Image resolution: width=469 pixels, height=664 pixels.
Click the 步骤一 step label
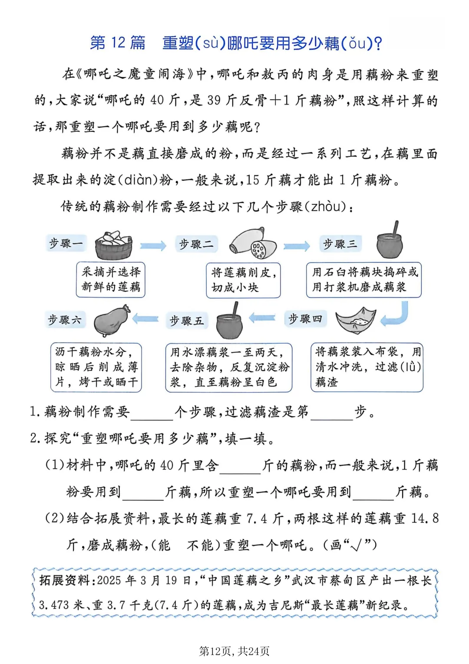pyautogui.click(x=66, y=243)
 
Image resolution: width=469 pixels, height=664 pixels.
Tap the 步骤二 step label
pyautogui.click(x=196, y=244)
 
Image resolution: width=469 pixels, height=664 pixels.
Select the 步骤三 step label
pyautogui.click(x=340, y=244)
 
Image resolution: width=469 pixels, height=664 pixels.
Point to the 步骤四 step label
pyautogui.click(x=305, y=319)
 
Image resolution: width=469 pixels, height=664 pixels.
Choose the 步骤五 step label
pyautogui.click(x=186, y=320)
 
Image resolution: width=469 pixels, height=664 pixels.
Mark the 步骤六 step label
pyautogui.click(x=65, y=320)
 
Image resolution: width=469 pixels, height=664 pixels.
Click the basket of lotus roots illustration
pyautogui.click(x=114, y=245)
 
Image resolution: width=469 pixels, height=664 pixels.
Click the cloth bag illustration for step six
pyautogui.click(x=112, y=320)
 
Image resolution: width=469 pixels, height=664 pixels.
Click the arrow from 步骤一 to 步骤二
pyautogui.click(x=153, y=246)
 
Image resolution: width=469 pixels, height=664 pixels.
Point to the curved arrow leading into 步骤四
pyautogui.click(x=396, y=315)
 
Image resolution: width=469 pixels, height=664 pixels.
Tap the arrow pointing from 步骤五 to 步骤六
pyautogui.click(x=145, y=319)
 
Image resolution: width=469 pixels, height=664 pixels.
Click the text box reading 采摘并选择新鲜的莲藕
pyautogui.click(x=111, y=280)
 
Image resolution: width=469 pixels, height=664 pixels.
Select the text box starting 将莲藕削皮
pyautogui.click(x=243, y=280)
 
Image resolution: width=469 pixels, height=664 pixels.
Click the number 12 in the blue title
pyautogui.click(x=118, y=43)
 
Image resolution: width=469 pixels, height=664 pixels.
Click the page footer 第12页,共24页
pyautogui.click(x=234, y=651)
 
